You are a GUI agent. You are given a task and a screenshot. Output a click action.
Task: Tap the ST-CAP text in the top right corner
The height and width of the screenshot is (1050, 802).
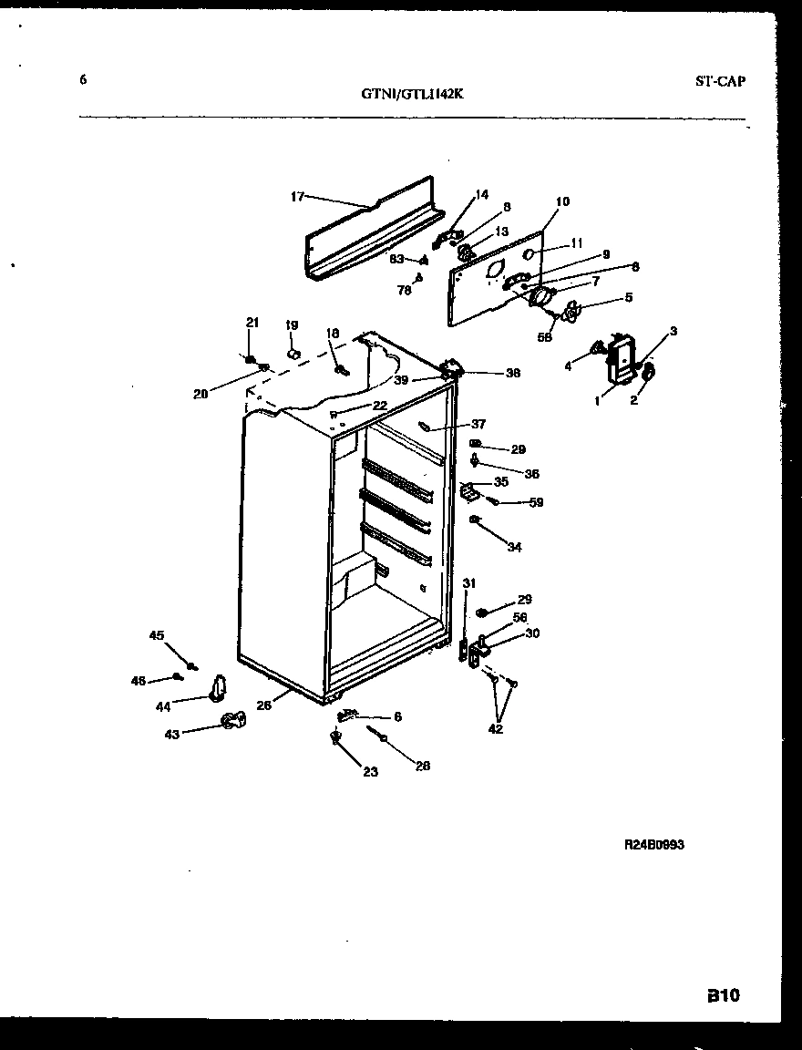(719, 81)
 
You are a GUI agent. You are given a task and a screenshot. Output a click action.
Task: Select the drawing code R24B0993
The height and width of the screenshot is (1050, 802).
(653, 845)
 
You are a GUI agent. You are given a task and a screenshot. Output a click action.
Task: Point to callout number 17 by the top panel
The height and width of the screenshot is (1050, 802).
(297, 196)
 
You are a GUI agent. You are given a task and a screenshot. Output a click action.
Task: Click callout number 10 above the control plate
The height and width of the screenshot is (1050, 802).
(562, 201)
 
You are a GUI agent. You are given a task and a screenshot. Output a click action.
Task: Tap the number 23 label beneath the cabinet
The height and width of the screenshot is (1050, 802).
(369, 772)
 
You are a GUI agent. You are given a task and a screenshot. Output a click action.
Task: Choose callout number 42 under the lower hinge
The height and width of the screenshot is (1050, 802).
(494, 728)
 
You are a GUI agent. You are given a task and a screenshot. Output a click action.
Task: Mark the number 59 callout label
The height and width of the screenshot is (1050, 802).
(536, 502)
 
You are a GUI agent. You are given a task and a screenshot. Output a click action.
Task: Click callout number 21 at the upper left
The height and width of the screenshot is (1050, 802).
(252, 322)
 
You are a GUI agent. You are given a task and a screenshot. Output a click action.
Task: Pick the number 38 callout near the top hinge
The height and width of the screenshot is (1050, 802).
(512, 372)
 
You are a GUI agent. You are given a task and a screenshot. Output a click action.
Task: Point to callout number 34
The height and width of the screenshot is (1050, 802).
(515, 548)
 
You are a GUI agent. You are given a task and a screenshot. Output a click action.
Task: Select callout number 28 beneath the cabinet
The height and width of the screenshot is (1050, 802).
(423, 766)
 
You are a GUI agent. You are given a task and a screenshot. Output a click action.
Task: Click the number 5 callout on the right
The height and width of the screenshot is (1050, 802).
(628, 296)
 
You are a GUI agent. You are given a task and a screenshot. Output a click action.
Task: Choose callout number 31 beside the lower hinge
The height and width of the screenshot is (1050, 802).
(468, 583)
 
